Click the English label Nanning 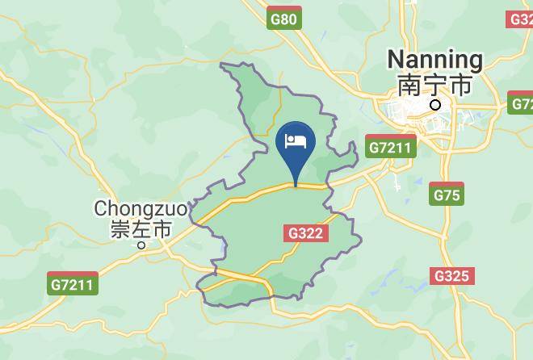(x=434, y=60)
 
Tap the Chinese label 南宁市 (x=434, y=83)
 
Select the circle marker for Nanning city (x=436, y=104)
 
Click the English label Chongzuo (x=141, y=208)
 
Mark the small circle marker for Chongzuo (x=141, y=246)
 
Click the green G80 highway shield (x=284, y=19)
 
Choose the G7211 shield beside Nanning (x=390, y=148)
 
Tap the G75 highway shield (x=447, y=195)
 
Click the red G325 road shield (x=451, y=276)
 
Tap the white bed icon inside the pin (x=296, y=142)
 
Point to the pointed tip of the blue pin (x=296, y=185)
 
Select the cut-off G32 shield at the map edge (x=522, y=19)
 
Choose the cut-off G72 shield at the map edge (x=522, y=104)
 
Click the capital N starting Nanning (x=396, y=60)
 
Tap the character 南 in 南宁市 (x=407, y=83)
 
